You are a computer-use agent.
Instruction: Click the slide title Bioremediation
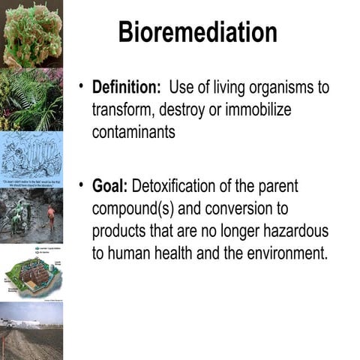[x=198, y=32]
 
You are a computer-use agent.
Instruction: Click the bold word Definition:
[x=127, y=87]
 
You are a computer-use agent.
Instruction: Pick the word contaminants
[x=133, y=131]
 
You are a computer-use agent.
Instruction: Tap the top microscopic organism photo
[x=31, y=34]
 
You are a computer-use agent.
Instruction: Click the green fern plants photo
[x=31, y=100]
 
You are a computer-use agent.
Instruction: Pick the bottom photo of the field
[x=31, y=331]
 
